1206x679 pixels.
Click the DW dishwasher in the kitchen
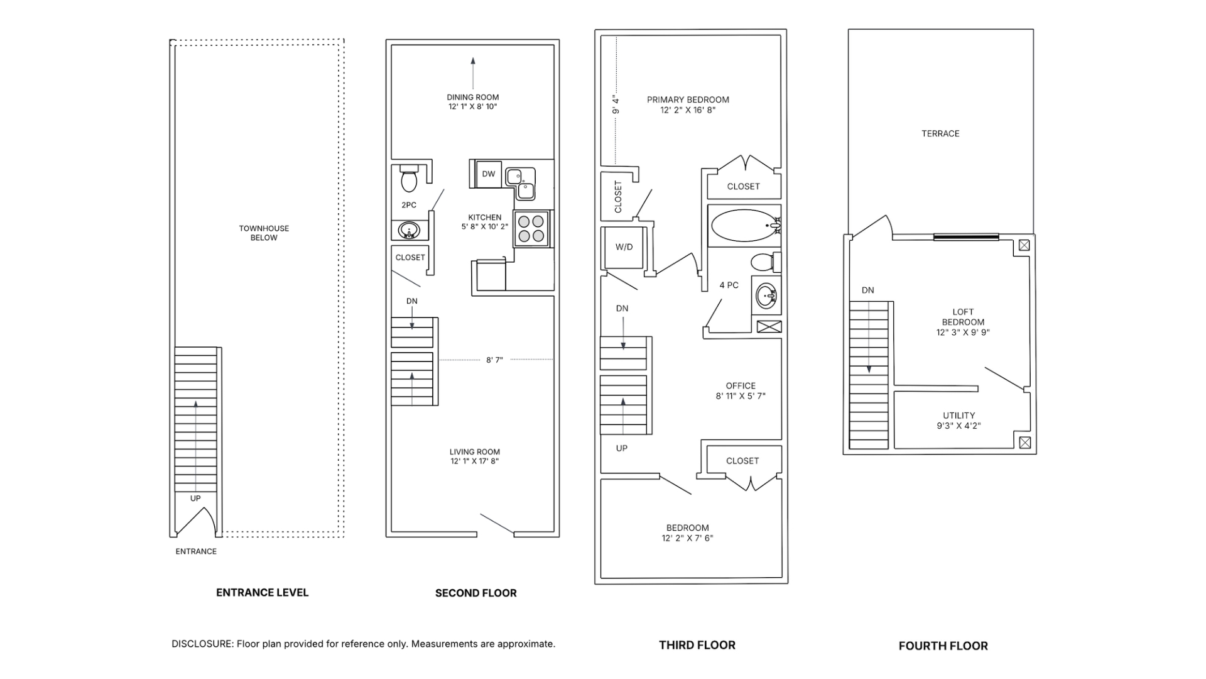click(488, 174)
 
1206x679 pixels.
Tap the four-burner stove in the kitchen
click(531, 228)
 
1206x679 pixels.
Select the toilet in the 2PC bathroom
click(409, 179)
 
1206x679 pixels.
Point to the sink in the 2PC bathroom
click(410, 231)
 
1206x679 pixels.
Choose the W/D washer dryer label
click(624, 247)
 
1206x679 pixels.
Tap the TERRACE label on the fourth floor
click(940, 133)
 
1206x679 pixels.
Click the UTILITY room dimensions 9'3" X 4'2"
click(959, 426)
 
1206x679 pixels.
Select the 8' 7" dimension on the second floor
click(494, 360)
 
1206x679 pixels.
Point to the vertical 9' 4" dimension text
click(616, 104)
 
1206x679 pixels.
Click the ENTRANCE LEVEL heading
click(262, 592)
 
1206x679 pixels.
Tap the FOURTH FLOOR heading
click(943, 646)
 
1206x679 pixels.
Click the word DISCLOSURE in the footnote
click(202, 644)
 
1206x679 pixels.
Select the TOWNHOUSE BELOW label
click(264, 233)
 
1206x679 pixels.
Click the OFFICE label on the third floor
click(741, 385)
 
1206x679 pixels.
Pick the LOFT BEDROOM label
click(963, 317)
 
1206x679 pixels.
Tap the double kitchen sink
click(521, 182)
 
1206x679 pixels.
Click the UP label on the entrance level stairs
click(195, 499)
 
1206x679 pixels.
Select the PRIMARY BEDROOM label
click(688, 99)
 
